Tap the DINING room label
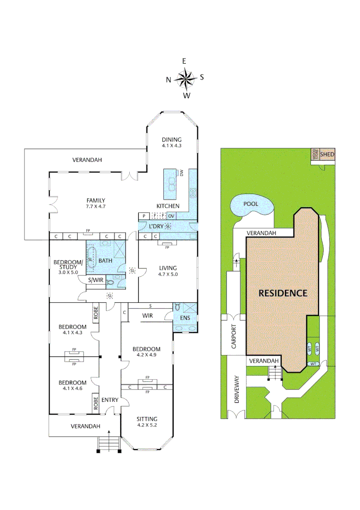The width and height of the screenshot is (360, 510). pyautogui.click(x=171, y=140)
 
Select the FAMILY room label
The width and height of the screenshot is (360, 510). pyautogui.click(x=95, y=200)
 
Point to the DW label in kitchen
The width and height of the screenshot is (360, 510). pyautogui.click(x=181, y=173)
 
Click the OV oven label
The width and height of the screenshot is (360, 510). pyautogui.click(x=171, y=216)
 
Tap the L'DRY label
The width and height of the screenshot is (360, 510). pyautogui.click(x=156, y=227)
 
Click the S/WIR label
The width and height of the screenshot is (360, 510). pyautogui.click(x=96, y=280)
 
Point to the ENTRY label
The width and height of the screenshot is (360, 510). pyautogui.click(x=110, y=400)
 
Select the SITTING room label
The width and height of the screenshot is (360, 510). pyautogui.click(x=147, y=419)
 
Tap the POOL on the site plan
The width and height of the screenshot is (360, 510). pyautogui.click(x=251, y=204)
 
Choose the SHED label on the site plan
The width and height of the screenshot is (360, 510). pyautogui.click(x=327, y=154)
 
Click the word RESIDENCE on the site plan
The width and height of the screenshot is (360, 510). pyautogui.click(x=283, y=293)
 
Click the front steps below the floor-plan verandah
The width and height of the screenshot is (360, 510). pyautogui.click(x=109, y=444)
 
